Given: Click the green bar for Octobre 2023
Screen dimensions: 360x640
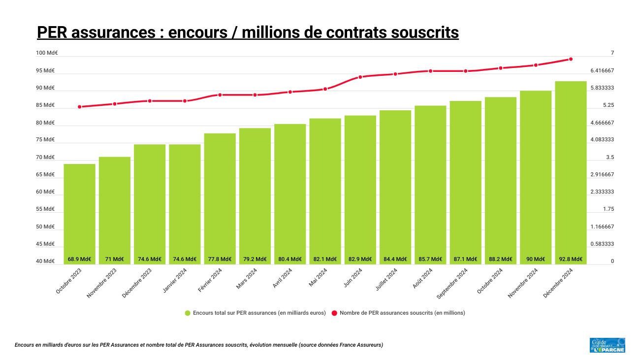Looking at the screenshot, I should pos(79,212).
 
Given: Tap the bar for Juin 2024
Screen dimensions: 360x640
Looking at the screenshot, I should pos(360,187).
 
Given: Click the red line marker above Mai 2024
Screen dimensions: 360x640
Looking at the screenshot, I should pos(325,89).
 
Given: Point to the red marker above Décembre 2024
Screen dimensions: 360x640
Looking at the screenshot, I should pos(571,59).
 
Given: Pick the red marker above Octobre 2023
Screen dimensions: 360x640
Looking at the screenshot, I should pos(79,107).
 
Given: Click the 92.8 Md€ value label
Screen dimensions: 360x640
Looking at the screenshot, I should pos(571,259).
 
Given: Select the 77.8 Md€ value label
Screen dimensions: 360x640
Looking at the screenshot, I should pos(220,259).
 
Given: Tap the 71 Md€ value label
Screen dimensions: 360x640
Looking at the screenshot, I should pos(114,259).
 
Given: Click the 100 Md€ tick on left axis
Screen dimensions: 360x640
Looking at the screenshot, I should pos(47,53).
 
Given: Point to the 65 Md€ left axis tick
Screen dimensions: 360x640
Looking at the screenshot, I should pos(45,175).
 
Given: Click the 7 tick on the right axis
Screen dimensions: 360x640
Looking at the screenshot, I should pos(612,53).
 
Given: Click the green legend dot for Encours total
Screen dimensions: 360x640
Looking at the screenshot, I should pos(188,313).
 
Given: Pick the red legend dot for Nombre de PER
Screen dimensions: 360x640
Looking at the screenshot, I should pos(334,313).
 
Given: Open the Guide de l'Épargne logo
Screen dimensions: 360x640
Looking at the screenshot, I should pos(607,345).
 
